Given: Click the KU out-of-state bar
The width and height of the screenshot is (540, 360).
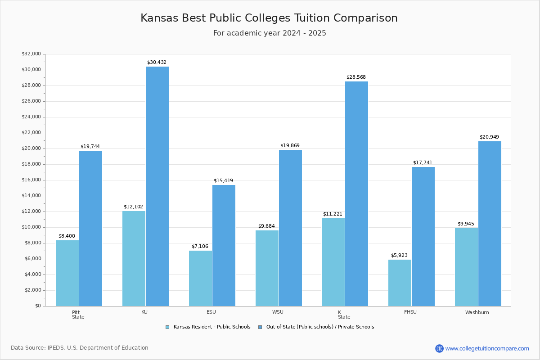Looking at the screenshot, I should (x=157, y=186).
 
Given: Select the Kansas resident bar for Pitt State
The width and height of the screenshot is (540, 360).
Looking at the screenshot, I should (x=67, y=273).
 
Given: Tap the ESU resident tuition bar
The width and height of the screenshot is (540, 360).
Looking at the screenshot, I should (x=200, y=278).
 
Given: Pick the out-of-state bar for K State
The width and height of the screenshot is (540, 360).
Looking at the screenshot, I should (x=356, y=193).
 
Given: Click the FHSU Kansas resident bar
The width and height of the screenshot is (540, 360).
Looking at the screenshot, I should (x=400, y=283).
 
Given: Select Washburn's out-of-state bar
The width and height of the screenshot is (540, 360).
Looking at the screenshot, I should (x=490, y=224).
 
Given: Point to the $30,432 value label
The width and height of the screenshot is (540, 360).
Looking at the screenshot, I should (x=157, y=63).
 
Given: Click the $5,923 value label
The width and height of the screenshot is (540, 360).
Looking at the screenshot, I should (x=399, y=256).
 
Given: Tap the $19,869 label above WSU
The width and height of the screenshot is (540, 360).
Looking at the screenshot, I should (x=290, y=146).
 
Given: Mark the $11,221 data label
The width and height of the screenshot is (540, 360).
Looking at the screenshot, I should (x=333, y=214).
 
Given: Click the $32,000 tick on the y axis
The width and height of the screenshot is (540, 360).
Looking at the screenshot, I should (x=31, y=54).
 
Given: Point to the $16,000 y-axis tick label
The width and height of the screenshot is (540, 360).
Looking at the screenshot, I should (x=31, y=180).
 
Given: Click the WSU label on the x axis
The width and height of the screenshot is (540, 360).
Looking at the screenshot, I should (x=278, y=312).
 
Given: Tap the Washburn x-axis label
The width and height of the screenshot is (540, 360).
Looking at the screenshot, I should (x=477, y=312).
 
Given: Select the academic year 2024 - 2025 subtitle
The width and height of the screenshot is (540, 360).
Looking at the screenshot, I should (x=270, y=33).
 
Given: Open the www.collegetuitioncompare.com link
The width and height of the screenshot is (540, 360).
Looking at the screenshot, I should (x=487, y=348).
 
